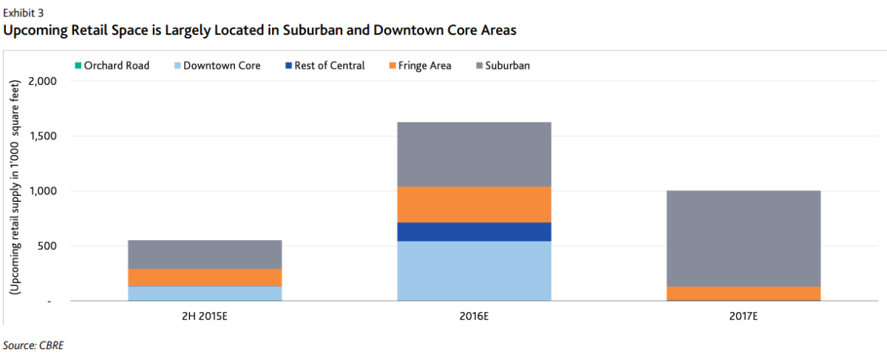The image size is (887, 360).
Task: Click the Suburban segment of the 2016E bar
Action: point(474,154)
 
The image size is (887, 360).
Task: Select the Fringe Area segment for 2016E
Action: point(474,204)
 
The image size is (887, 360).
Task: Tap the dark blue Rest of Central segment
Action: point(474,231)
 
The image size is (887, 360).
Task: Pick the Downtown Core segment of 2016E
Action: point(474,271)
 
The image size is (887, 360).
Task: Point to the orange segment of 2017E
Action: point(744,293)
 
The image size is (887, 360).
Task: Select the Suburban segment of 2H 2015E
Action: point(205,254)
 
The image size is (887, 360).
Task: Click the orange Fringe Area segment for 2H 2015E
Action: point(205,277)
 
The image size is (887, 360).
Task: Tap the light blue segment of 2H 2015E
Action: point(205,293)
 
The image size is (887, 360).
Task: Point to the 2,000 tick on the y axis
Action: point(41,81)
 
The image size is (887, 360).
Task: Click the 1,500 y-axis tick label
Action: point(41,136)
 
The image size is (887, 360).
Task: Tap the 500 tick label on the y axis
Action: point(46,246)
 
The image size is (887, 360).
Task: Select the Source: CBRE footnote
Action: point(33,344)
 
